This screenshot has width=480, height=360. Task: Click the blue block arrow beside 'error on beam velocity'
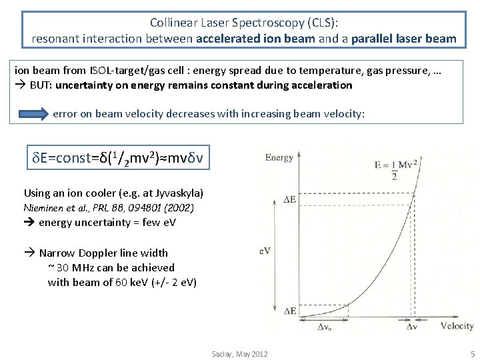32,113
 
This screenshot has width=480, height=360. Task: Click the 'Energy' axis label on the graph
279,157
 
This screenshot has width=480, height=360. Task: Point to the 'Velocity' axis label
457,326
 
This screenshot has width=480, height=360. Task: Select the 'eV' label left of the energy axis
265,251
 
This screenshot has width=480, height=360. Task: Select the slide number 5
472,353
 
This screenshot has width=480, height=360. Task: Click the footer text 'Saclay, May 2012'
239,353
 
